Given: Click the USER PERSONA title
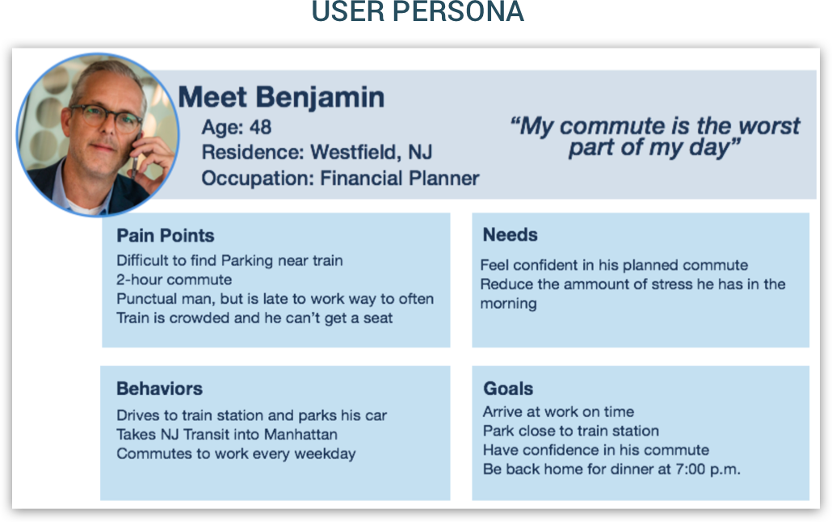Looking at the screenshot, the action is coord(418,11).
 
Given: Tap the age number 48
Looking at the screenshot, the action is coord(261,128).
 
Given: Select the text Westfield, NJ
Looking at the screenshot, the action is coord(371,153).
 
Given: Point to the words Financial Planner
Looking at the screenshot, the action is coord(400,179).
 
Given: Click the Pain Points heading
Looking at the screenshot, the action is coord(166,235).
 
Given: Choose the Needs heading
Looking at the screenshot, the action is coord(510,234).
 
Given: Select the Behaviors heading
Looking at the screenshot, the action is coord(160,389).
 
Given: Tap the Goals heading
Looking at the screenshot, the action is coord(508,389).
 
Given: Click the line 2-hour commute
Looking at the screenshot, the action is coord(174,280).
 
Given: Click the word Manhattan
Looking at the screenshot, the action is coord(300,435).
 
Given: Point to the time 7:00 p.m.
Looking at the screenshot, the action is coord(708,469).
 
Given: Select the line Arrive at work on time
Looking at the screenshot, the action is coord(558,411).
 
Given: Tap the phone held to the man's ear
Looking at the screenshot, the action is coord(136,151).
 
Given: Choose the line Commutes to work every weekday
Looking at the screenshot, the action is coord(236,454).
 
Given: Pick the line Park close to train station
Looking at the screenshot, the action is coord(571,431).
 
